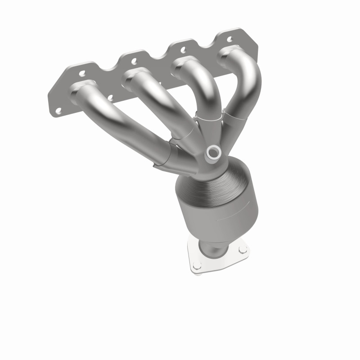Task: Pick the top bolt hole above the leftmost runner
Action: [83, 72]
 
